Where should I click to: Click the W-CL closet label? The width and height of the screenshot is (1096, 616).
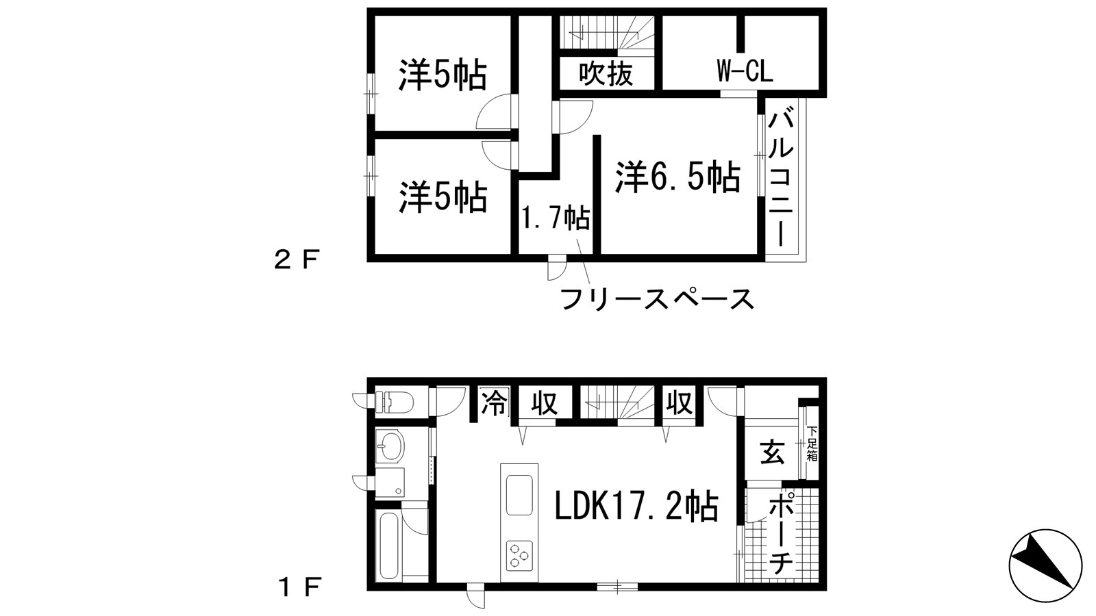pyautogui.click(x=745, y=71)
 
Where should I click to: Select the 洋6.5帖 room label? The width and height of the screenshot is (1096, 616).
pyautogui.click(x=677, y=177)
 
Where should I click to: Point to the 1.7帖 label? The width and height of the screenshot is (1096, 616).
pyautogui.click(x=556, y=218)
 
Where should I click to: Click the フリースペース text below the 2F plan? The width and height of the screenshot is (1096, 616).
pyautogui.click(x=657, y=299)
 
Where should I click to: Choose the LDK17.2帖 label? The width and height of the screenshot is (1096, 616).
pyautogui.click(x=636, y=507)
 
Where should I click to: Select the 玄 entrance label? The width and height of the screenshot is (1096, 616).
pyautogui.click(x=772, y=453)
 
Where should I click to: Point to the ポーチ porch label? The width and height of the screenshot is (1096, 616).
pyautogui.click(x=780, y=534)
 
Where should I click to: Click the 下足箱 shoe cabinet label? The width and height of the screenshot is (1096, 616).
pyautogui.click(x=812, y=444)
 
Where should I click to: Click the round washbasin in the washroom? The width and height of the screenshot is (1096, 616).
pyautogui.click(x=390, y=448)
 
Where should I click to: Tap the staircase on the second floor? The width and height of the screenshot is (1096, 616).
pyautogui.click(x=606, y=32)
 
